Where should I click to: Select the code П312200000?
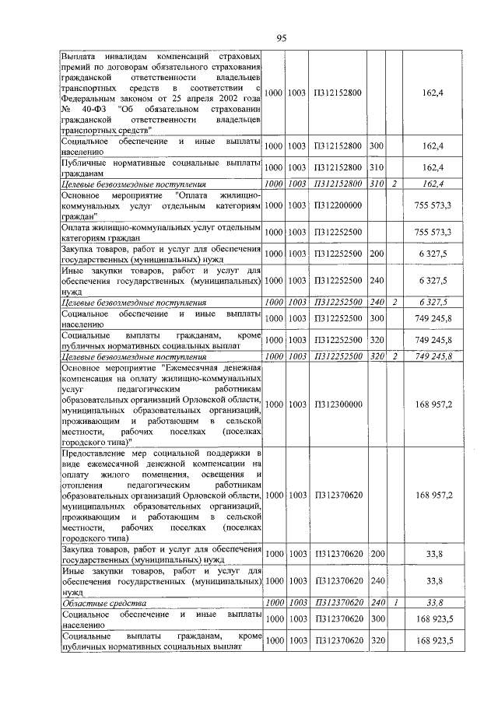(338, 205)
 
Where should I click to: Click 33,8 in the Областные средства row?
(435, 602)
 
